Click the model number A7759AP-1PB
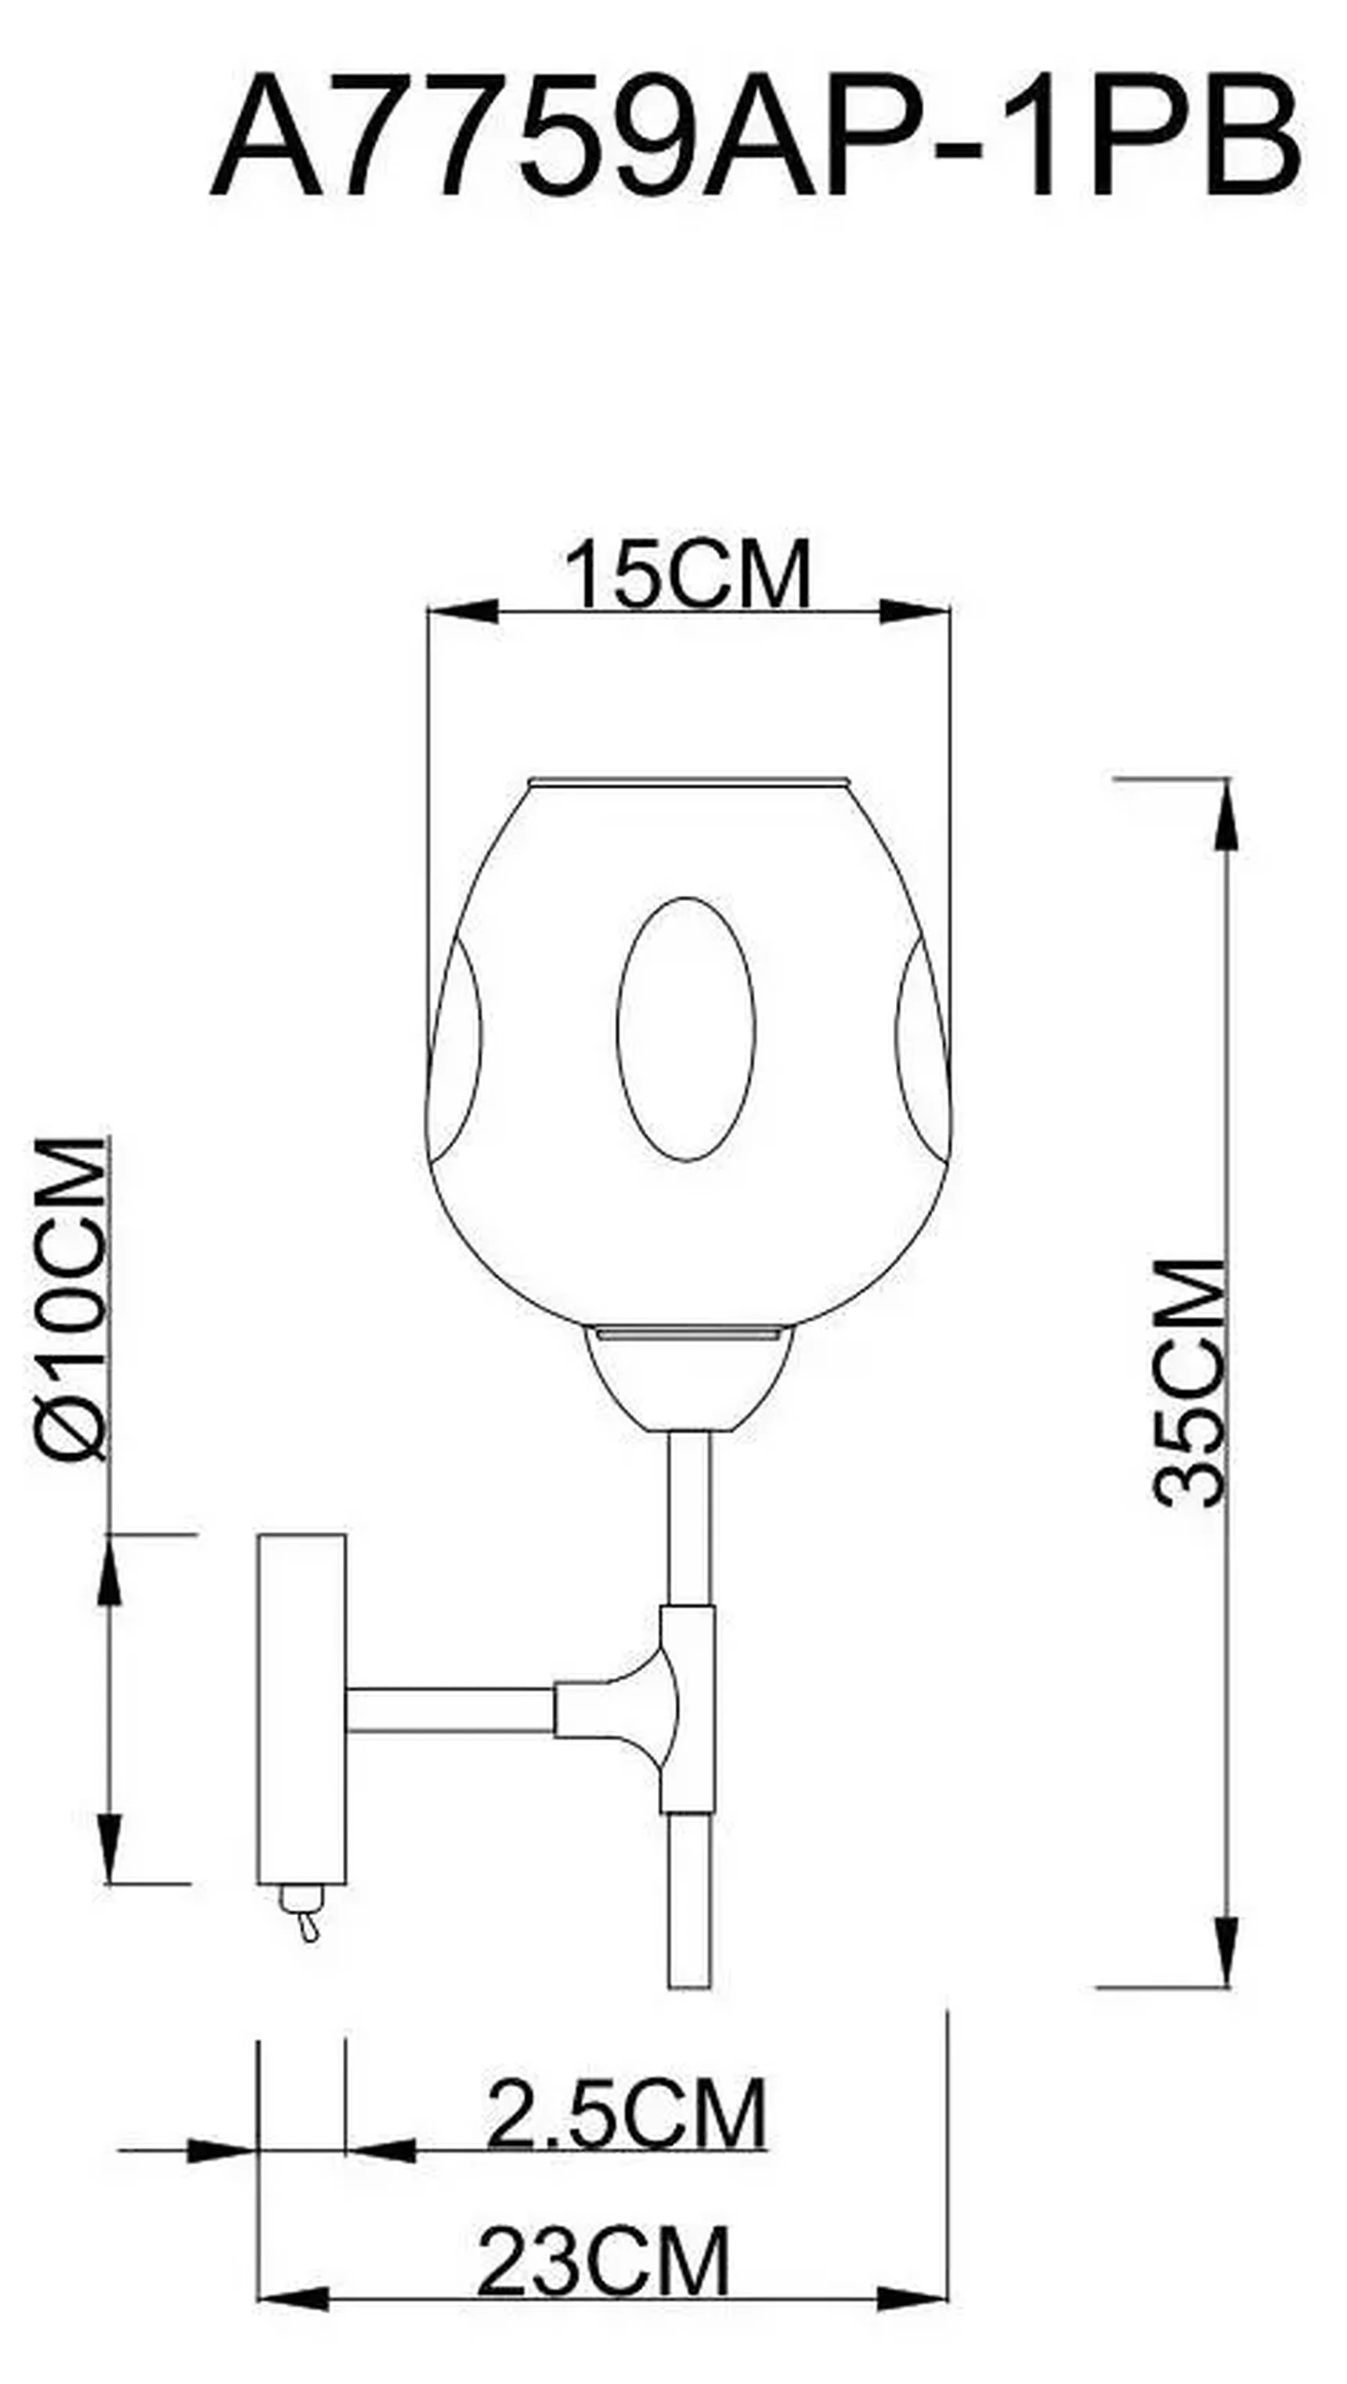(754, 139)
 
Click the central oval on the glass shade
(686, 1028)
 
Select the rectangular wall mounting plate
(302, 1708)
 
